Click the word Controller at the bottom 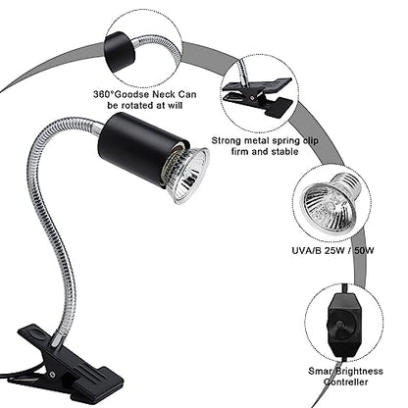click(346, 382)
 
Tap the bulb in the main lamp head click(186, 176)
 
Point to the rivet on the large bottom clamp click(52, 373)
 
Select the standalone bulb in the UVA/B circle click(331, 198)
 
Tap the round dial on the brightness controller click(339, 326)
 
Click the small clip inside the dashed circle click(258, 96)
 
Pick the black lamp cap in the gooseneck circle click(120, 52)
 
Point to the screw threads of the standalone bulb click(350, 182)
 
